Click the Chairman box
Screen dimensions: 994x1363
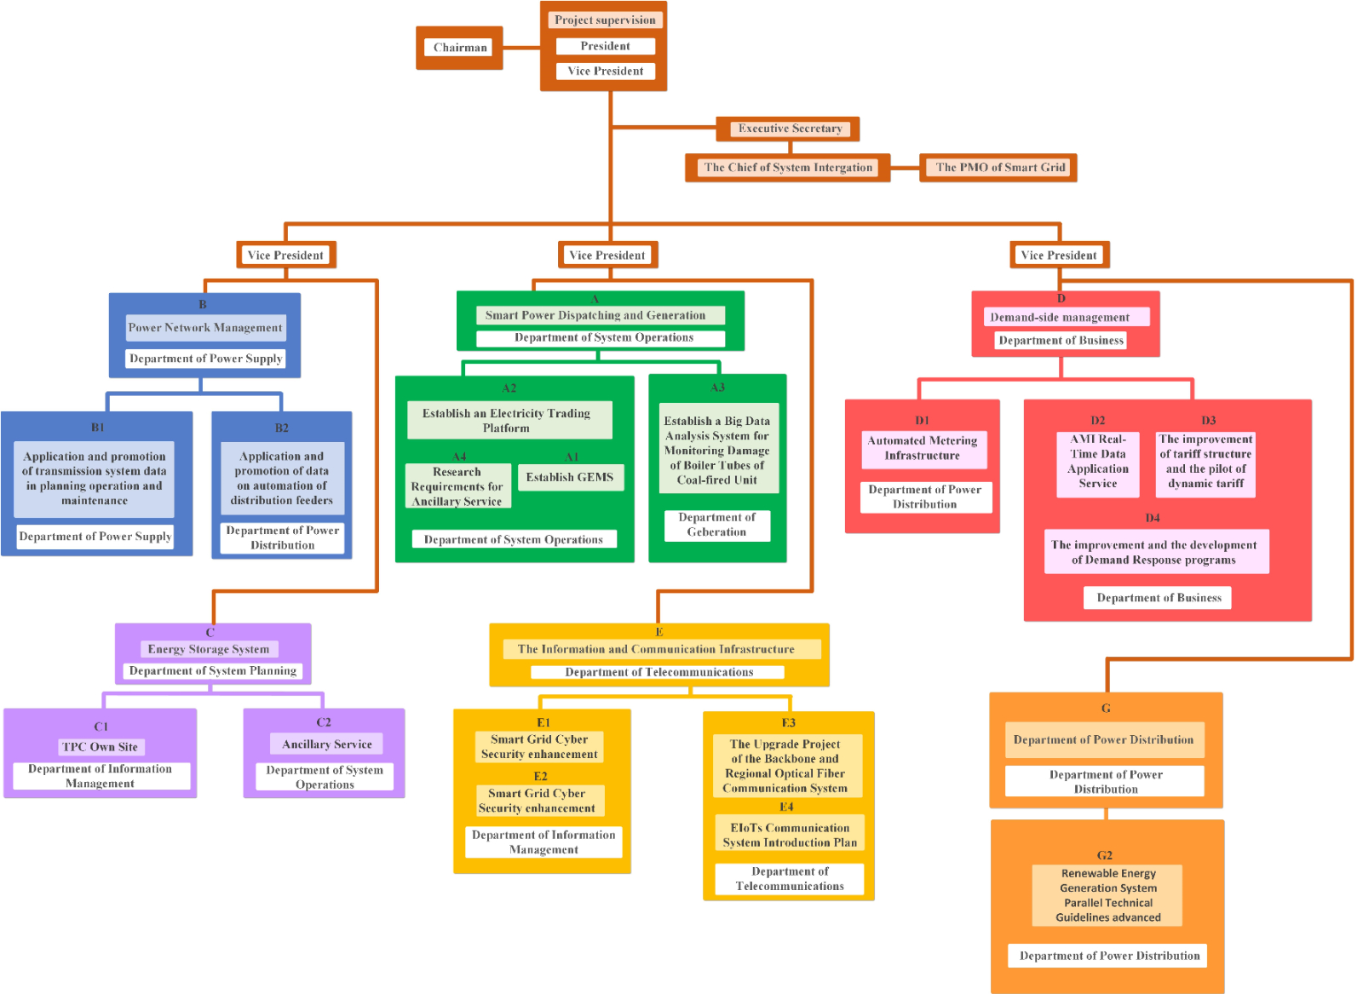click(460, 48)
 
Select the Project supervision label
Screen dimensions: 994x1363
click(605, 20)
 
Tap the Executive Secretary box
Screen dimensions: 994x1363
click(790, 129)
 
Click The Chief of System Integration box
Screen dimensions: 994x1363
click(788, 168)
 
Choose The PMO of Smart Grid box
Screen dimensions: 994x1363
click(1000, 168)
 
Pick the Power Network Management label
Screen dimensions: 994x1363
click(205, 328)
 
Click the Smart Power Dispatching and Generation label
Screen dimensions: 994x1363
click(595, 315)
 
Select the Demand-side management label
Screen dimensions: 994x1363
click(1060, 318)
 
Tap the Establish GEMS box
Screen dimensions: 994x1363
click(570, 477)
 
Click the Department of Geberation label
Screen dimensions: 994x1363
click(716, 525)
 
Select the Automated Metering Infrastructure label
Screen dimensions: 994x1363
click(923, 448)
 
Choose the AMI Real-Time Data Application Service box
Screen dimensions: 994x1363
click(1098, 462)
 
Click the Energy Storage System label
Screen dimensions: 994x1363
click(209, 649)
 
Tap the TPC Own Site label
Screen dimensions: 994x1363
click(100, 747)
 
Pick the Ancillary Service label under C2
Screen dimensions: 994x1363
click(327, 744)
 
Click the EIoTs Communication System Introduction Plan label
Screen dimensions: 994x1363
click(790, 835)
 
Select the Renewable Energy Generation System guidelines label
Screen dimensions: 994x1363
click(1107, 895)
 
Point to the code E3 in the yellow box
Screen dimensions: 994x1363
click(789, 722)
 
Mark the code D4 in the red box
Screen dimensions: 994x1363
click(1153, 518)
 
